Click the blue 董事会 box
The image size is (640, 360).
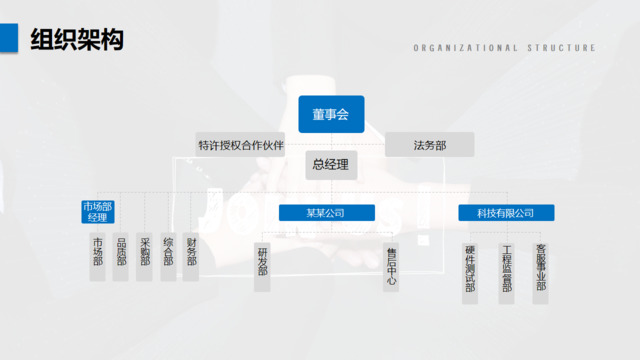coord(330,115)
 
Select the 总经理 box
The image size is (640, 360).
coord(330,165)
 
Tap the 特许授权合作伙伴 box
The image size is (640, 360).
coord(241,145)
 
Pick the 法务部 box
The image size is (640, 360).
coord(429,145)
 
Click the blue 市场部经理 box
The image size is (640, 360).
coord(97,212)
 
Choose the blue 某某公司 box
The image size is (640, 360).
coord(325,213)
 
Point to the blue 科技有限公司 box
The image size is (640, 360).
coord(505,213)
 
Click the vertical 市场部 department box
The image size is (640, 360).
coord(97,257)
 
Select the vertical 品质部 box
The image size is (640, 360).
coord(121,257)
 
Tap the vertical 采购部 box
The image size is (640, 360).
coord(145,257)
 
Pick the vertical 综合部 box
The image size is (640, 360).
coord(168,257)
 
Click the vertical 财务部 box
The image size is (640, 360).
coord(191,257)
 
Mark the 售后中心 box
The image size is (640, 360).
coord(391,267)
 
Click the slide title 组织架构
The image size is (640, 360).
coord(76,40)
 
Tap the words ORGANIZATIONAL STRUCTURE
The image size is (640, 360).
coord(504,47)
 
